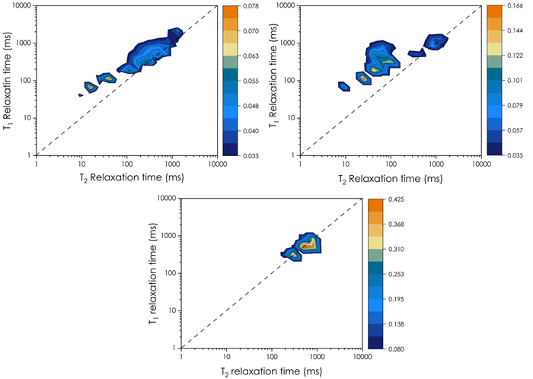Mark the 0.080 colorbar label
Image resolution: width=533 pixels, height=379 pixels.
[398, 349]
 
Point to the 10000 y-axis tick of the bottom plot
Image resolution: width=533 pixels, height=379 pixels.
[166, 199]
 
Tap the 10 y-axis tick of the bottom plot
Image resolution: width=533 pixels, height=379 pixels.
[171, 311]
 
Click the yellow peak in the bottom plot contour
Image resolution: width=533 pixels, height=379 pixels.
[308, 245]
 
